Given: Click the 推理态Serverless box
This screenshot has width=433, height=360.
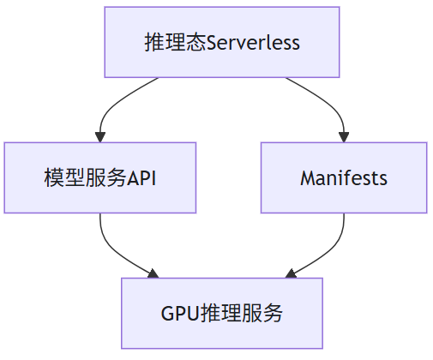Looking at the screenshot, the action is pos(222,42).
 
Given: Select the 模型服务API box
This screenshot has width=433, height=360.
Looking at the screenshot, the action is pos(100,177).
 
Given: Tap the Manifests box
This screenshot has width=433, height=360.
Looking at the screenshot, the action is pos(344,177).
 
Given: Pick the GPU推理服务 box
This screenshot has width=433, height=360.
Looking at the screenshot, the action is pos(222,313).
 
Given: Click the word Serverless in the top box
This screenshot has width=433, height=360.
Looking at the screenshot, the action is pos(253,43).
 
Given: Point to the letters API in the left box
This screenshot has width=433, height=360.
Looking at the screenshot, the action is pos(141,178).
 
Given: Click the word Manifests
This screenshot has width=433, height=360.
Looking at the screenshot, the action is pos(344,178).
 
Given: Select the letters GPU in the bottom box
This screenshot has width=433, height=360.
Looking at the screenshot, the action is pos(180,314).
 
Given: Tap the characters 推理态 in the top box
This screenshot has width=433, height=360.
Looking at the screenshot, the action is pos(175,42).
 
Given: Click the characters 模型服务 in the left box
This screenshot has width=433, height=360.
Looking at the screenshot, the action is pos(85,177).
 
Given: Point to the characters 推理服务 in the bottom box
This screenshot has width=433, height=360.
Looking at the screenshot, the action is pos(241,313).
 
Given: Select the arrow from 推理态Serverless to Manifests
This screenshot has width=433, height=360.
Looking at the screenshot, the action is pos(333,105).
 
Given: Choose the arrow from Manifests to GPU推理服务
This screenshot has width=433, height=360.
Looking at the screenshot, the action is pos(333,249).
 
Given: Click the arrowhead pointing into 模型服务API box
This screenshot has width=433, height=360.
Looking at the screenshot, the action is pos(100,137).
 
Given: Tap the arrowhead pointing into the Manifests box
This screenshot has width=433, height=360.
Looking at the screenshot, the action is pos(344,137).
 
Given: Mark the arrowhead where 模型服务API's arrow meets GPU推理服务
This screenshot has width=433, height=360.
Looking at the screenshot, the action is pos(153,273).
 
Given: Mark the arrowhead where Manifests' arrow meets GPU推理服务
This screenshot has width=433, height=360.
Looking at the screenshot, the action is pos(291,273).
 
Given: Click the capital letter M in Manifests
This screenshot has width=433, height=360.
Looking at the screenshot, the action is pos(307,178).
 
